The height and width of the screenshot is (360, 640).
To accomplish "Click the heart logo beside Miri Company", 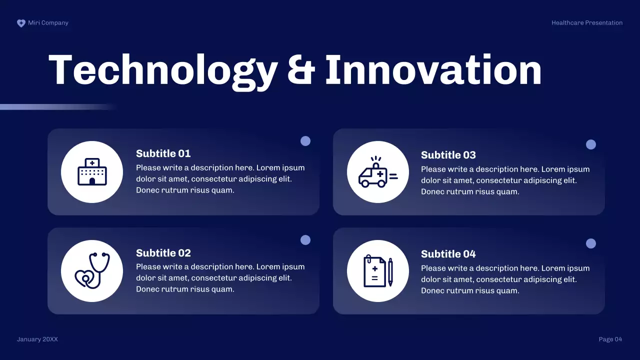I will coord(21,23).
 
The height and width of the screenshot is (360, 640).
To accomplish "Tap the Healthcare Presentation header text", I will coord(587,23).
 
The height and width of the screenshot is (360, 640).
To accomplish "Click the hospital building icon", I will coord(92,172).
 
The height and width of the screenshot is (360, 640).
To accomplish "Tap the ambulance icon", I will coord(377,172).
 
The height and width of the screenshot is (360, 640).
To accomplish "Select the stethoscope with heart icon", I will coord(92,271).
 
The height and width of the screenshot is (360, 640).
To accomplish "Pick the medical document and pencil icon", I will coord(377,271).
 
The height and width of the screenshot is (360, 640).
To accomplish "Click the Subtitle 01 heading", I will coord(163,153).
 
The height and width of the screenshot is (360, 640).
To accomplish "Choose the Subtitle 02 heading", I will coord(163,253).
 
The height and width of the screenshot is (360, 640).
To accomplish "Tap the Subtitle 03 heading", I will coord(448,155).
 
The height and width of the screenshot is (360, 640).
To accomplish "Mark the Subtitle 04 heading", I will coord(448,254).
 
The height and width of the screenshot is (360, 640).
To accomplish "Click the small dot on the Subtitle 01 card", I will coord(305,141).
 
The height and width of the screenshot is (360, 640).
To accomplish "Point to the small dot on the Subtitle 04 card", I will coord(591,243).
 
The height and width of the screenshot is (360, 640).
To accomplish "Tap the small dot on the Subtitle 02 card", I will coord(305,240).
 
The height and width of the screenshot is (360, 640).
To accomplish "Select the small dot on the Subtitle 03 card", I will coord(591,144).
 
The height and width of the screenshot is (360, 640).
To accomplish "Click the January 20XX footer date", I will coord(37,339).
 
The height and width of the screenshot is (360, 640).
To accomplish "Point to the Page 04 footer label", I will coord(610,339).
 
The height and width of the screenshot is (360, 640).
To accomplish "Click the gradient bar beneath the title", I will coord(55,107).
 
